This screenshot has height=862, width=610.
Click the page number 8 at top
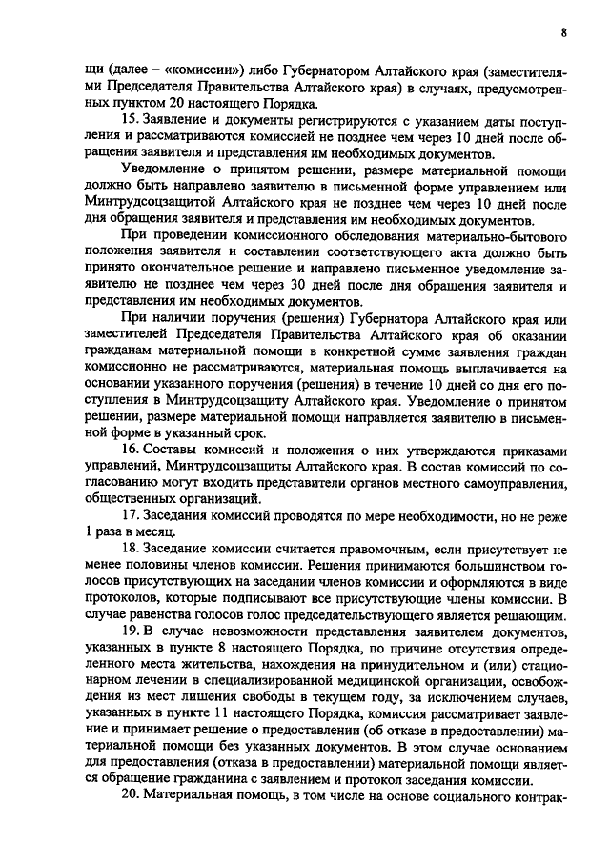click(x=564, y=30)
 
